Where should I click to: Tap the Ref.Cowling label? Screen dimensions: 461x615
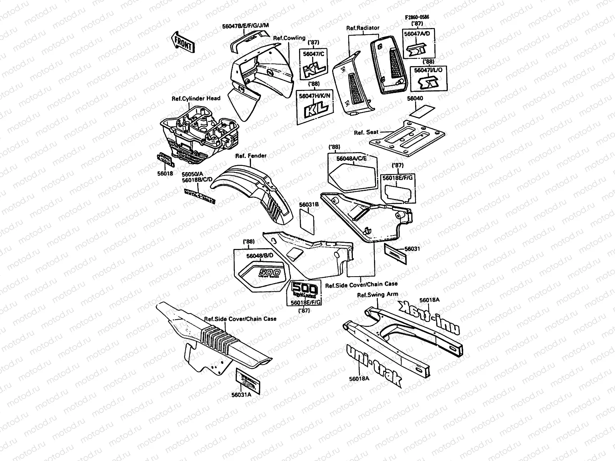pos(289,38)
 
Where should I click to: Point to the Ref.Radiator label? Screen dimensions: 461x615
pos(362,28)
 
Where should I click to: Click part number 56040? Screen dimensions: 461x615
pos(415,99)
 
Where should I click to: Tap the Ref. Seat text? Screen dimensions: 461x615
pos(366,132)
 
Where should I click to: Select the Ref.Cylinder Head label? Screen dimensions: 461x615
pos(196,98)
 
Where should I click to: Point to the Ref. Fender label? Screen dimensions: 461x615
pos(251,156)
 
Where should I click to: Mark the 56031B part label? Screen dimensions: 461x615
pos(309,205)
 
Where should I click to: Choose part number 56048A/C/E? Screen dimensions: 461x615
pos(352,158)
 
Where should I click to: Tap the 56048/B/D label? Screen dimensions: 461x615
pos(259,255)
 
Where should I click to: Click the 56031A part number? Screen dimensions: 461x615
pos(241,395)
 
